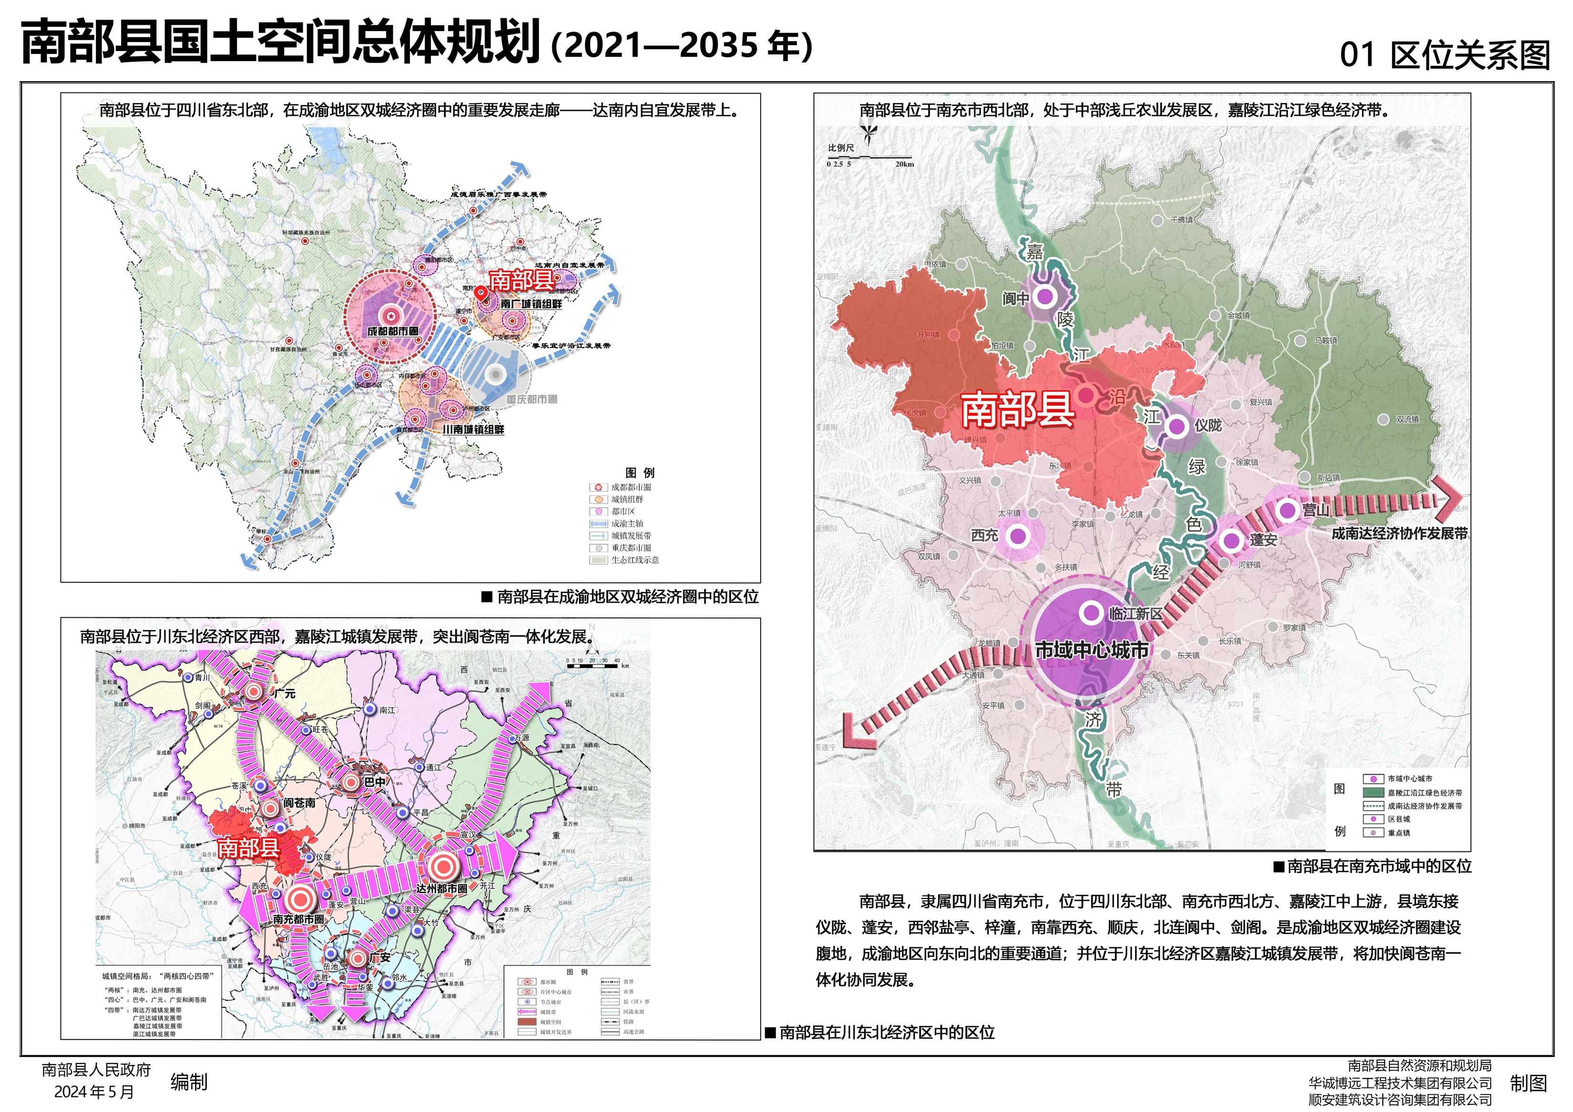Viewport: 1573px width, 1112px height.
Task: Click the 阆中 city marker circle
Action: coord(1044,296)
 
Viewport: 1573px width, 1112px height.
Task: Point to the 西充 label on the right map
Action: coord(984,536)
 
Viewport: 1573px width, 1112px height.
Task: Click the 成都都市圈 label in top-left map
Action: coord(393,331)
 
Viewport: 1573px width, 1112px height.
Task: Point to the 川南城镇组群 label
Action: coord(473,429)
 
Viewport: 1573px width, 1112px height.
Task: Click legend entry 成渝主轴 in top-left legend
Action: coord(627,523)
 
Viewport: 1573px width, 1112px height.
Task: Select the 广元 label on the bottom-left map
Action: coord(284,694)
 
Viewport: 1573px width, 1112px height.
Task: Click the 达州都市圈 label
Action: coord(442,888)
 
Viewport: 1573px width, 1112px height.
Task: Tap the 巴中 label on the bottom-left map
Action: coord(374,782)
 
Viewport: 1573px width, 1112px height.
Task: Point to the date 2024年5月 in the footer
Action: coord(94,1092)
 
